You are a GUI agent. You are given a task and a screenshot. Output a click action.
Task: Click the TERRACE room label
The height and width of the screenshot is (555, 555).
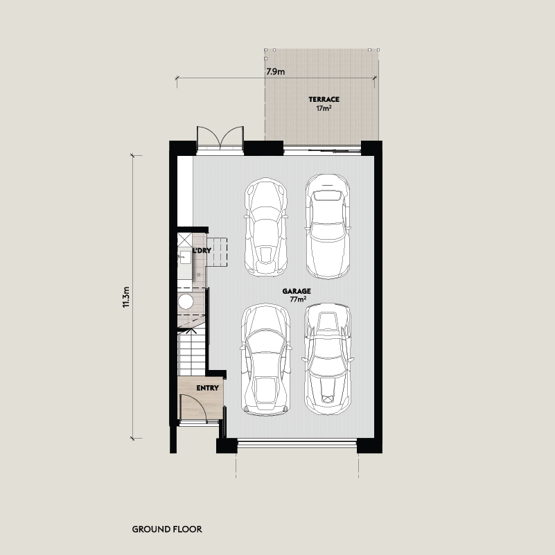(324, 100)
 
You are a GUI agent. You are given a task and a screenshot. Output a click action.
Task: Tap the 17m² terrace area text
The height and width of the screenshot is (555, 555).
(324, 108)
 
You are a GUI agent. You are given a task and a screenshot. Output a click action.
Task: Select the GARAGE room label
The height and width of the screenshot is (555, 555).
(297, 291)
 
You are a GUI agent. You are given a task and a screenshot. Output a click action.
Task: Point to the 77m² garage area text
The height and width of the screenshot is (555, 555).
(298, 299)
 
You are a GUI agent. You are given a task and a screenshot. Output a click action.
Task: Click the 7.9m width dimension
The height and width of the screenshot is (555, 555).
(275, 72)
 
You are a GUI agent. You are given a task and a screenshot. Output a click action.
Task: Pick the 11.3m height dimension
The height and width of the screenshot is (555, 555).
(126, 297)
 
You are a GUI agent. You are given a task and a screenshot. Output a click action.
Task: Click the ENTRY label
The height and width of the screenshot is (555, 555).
(207, 388)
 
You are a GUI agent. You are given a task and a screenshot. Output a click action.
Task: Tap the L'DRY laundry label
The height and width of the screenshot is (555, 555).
(202, 250)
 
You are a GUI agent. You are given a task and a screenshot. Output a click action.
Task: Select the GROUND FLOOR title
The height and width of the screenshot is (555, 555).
(167, 529)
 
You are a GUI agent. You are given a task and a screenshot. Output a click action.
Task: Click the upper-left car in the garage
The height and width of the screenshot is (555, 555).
(266, 227)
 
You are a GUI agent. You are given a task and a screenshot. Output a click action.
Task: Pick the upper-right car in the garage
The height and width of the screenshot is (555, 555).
(328, 226)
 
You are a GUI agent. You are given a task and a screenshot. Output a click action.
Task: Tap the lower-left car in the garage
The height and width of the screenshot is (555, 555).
(266, 360)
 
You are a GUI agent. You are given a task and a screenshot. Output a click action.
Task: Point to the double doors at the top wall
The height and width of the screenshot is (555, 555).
(220, 141)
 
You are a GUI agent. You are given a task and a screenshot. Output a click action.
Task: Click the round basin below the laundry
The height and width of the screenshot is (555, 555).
(186, 302)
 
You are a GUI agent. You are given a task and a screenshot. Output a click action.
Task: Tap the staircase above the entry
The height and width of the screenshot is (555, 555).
(191, 352)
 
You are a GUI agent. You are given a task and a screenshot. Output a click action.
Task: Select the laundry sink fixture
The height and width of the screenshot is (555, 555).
(184, 257)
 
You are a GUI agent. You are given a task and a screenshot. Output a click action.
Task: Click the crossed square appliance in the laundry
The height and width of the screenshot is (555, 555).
(184, 240)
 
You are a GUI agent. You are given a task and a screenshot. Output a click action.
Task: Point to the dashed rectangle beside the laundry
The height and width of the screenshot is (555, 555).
(217, 252)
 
